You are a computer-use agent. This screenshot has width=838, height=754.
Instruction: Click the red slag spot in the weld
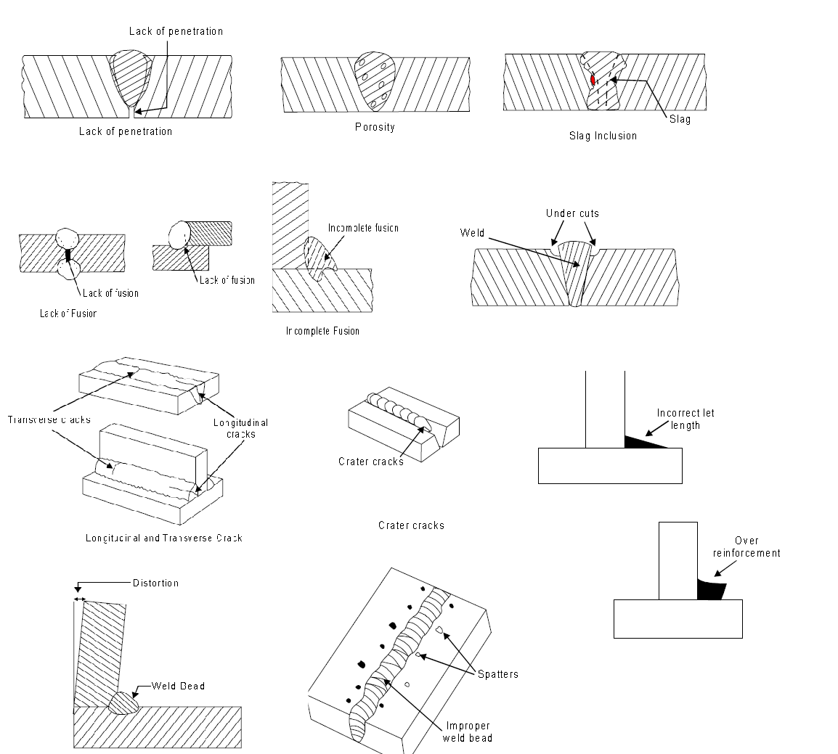593,80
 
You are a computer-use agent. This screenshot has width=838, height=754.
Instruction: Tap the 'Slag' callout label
680,119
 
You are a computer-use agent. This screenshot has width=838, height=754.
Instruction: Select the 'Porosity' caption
375,127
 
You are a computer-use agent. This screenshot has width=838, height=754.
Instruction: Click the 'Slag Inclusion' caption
603,135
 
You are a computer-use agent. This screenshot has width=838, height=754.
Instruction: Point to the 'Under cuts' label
572,213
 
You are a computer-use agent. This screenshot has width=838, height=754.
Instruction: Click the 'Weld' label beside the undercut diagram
472,232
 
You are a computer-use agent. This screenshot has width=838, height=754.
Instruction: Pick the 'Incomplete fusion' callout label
362,228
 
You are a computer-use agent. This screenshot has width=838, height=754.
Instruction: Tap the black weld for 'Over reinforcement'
709,589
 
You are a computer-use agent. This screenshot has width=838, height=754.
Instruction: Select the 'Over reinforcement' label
746,547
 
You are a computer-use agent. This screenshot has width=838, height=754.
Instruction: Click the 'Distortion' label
155,583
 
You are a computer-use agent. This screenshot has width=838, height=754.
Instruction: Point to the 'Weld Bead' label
178,686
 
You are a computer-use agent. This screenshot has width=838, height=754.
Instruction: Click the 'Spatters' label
497,674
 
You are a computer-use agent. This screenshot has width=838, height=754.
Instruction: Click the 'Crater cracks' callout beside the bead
371,462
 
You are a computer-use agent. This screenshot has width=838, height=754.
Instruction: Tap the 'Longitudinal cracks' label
240,428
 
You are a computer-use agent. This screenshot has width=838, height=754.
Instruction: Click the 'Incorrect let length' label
685,419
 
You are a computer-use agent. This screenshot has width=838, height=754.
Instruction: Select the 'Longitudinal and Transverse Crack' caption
163,538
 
